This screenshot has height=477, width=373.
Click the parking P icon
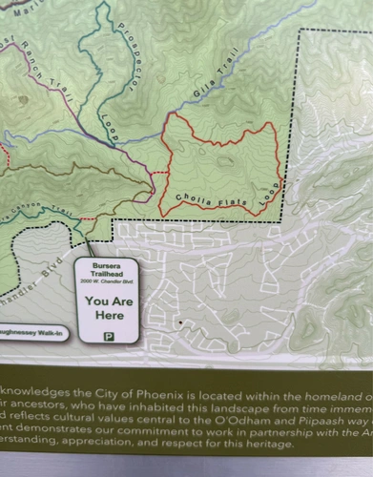(108, 336)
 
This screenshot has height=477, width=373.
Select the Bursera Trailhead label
(108, 268)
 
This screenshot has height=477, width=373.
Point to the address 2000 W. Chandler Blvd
(108, 283)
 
